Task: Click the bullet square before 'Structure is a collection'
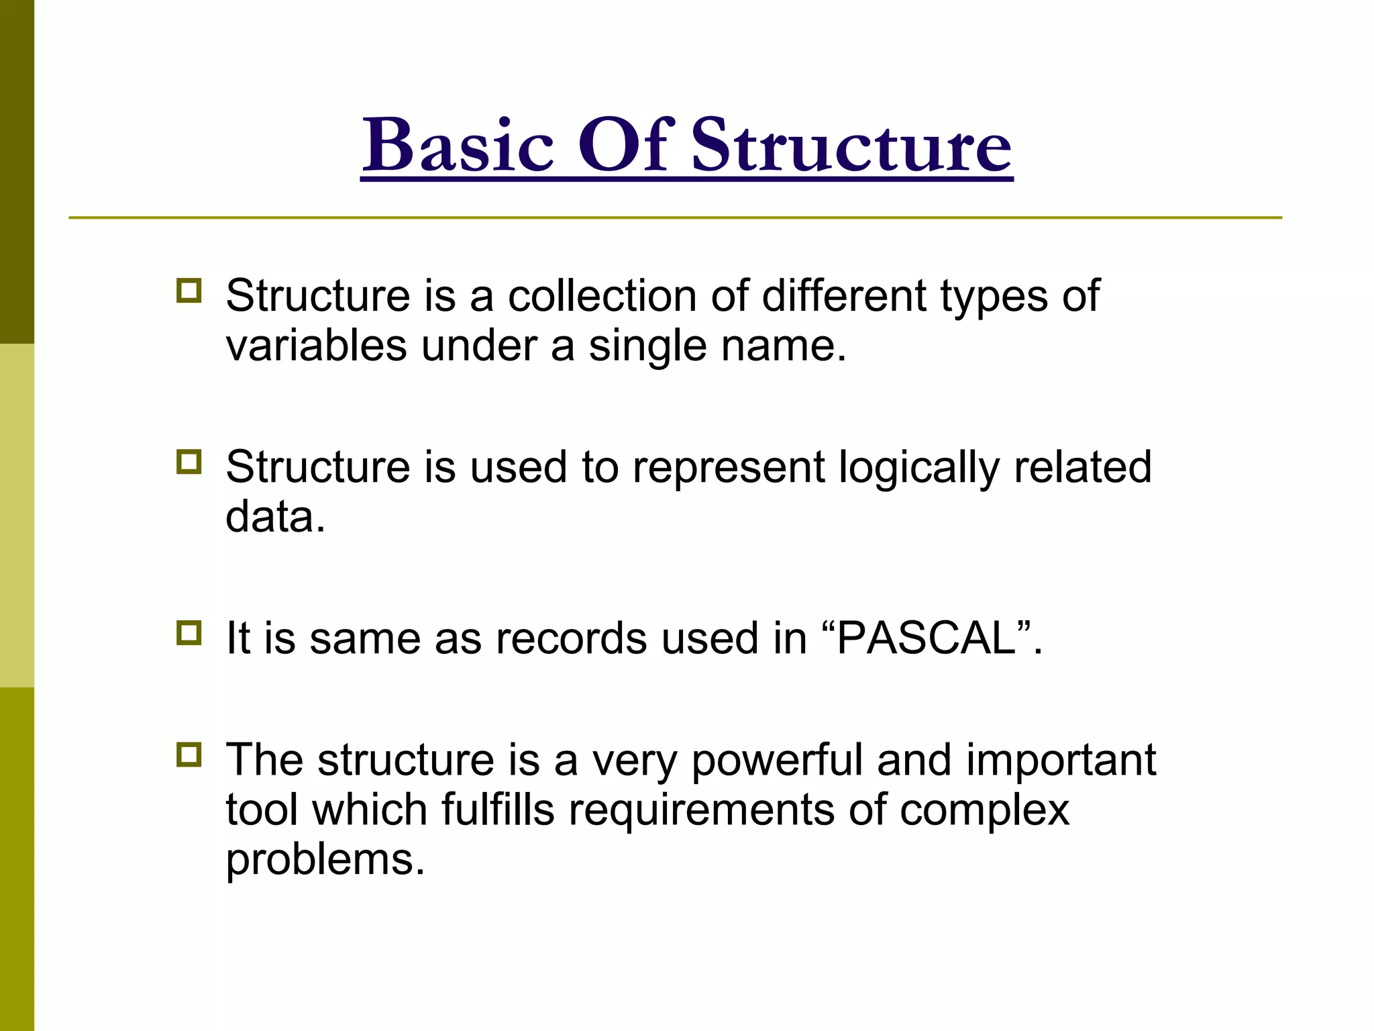[189, 291]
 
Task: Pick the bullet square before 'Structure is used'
[189, 462]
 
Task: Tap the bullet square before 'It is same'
[189, 633]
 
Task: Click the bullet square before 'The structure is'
[189, 755]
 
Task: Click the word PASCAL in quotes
[927, 638]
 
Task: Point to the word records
[571, 638]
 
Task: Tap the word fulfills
[498, 809]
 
